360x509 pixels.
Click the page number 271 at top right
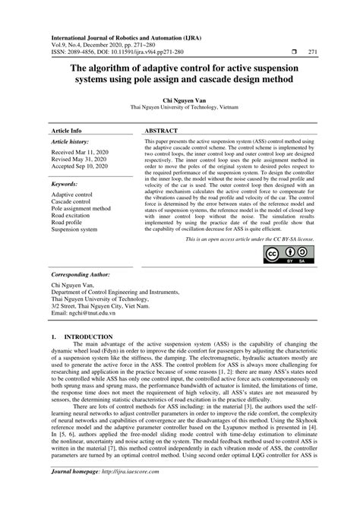312,52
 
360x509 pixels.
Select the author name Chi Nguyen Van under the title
180,100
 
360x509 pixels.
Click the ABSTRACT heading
161,131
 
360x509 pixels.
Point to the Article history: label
70,142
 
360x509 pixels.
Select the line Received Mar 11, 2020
81,153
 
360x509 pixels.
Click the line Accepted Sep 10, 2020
81,168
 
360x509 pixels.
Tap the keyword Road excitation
74,215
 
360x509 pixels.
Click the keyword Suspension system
74,229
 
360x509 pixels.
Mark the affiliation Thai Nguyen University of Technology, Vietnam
180,108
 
